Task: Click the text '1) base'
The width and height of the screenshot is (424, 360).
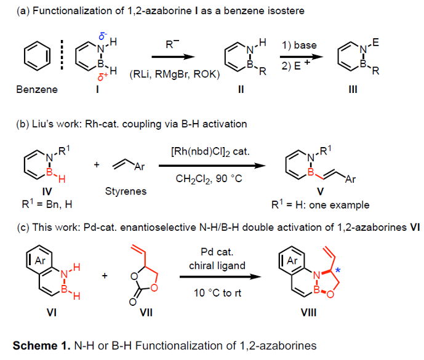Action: tap(300, 45)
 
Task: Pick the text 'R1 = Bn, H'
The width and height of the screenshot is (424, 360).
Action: tap(43, 203)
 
